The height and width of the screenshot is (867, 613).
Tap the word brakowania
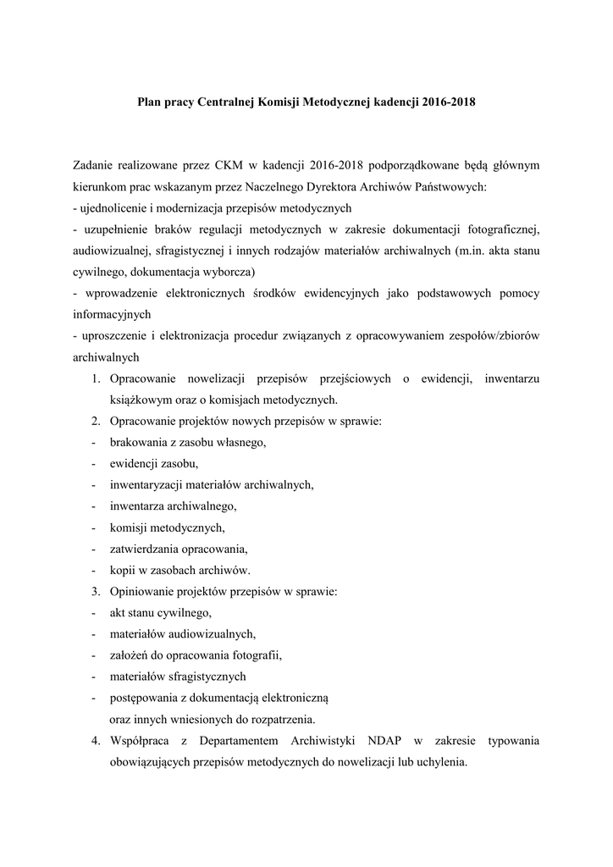139,443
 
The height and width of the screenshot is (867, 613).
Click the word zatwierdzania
146,549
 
